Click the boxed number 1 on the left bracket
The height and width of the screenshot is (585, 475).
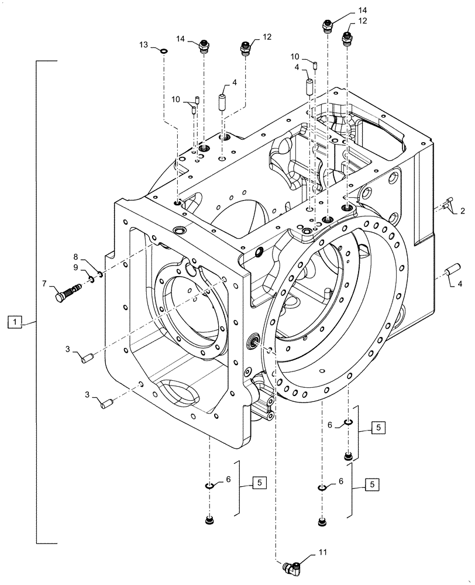[16, 321]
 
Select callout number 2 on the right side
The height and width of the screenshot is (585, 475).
[462, 211]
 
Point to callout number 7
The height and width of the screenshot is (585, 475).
[44, 284]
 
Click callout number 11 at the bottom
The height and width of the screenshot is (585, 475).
[322, 552]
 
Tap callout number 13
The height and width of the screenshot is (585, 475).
[143, 45]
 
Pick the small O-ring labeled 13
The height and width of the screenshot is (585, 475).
[164, 51]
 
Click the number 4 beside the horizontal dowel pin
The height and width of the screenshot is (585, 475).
[460, 285]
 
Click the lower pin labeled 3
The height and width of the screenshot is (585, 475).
[106, 403]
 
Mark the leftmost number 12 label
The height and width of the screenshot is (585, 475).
[267, 36]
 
